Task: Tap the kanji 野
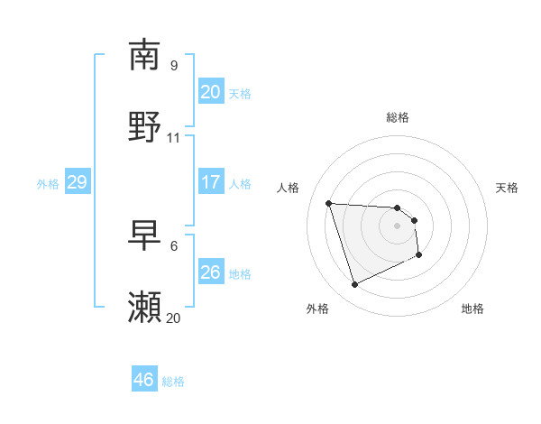coord(145,126)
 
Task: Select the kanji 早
coord(145,235)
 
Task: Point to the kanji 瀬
coord(145,308)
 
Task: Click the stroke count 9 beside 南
coord(174,66)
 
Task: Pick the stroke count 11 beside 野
coord(174,138)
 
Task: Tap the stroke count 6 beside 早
coord(174,246)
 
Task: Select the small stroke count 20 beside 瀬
coord(174,318)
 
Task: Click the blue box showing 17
coord(210,182)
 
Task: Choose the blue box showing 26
coord(210,272)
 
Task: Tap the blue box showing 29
coord(77,182)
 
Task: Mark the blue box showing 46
coord(143,380)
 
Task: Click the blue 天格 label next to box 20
coord(240,93)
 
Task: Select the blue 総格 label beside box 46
coord(173,382)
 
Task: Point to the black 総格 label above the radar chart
coord(398,117)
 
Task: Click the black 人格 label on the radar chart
coord(289,188)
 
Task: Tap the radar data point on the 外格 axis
coord(354,285)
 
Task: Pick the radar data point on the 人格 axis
coord(329,203)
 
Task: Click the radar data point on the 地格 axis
coord(420,255)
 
